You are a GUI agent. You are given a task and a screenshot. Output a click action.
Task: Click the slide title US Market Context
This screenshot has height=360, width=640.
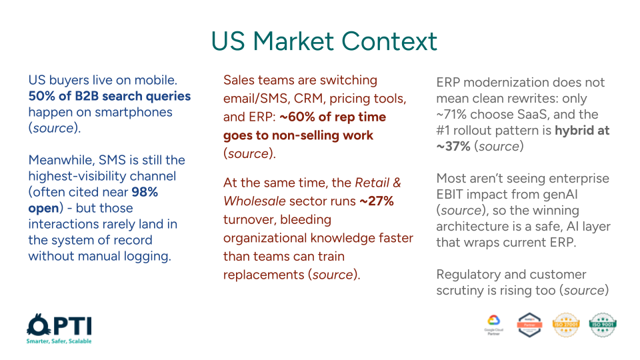click(x=324, y=41)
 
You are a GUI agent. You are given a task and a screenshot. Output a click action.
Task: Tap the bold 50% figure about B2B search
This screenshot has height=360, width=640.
click(x=41, y=96)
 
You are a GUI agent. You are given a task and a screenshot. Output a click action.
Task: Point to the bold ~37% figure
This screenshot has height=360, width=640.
click(x=455, y=147)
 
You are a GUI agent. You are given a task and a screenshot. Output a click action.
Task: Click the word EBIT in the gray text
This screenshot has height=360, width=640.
click(x=453, y=195)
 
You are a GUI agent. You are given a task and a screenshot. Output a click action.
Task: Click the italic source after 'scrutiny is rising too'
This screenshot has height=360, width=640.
click(x=582, y=291)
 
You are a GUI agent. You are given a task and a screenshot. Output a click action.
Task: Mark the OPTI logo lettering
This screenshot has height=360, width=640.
click(x=59, y=325)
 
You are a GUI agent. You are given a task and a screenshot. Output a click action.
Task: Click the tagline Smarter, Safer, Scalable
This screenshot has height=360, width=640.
click(x=59, y=341)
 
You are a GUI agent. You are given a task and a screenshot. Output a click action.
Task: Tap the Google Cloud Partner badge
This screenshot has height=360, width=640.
click(x=494, y=325)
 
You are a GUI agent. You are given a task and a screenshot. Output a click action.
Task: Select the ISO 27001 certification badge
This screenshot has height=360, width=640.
click(x=566, y=325)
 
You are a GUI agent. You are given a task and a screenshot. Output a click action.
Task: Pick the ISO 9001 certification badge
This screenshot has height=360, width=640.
click(x=603, y=325)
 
